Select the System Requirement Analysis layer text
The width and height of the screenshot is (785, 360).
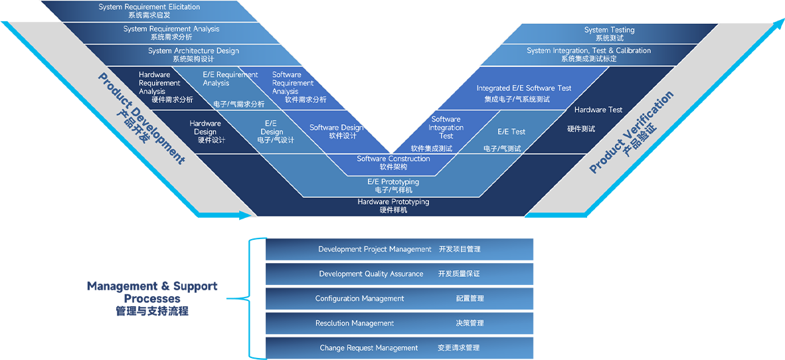coord(171,29)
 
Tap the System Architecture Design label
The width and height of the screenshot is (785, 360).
coord(193,51)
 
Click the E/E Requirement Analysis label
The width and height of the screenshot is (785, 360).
coord(230,79)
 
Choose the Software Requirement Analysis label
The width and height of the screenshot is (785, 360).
coord(293,83)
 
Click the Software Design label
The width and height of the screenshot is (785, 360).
coord(336,128)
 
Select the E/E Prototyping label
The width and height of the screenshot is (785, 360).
coord(393,182)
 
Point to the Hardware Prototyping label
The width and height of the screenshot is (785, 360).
coord(393,202)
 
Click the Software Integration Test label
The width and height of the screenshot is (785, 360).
coord(446,128)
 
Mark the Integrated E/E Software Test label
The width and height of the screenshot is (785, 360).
coord(523,88)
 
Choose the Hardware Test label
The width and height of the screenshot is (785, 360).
coord(598,110)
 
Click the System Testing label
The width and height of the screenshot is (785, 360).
coord(609,30)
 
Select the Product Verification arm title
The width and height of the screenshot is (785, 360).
coord(632,132)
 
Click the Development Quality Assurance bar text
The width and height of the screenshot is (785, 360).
coord(371,274)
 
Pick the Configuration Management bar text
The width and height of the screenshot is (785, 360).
coord(359,298)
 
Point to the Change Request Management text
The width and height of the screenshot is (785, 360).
coord(369,347)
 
